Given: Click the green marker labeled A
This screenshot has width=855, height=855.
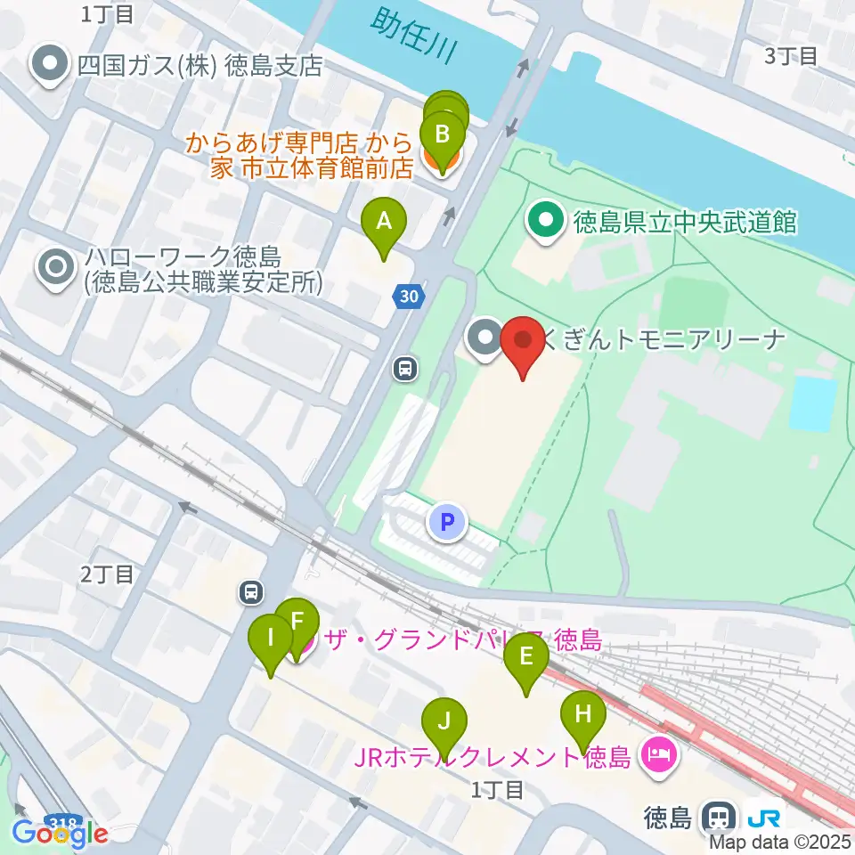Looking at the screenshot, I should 384,219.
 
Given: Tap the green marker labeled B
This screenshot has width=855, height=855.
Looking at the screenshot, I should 443,135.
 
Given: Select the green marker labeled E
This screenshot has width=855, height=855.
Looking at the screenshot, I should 526,657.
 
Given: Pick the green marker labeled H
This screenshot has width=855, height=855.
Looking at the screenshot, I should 583,713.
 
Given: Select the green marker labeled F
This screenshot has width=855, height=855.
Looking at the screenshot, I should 297,622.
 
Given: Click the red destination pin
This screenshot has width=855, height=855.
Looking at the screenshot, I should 523,341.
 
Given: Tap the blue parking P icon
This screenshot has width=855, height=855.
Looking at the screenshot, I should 448,521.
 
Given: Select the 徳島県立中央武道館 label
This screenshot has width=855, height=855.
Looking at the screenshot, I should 684,222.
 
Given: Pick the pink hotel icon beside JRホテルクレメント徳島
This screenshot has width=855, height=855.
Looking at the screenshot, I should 660,758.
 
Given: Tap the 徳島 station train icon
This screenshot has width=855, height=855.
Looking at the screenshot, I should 719,815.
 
